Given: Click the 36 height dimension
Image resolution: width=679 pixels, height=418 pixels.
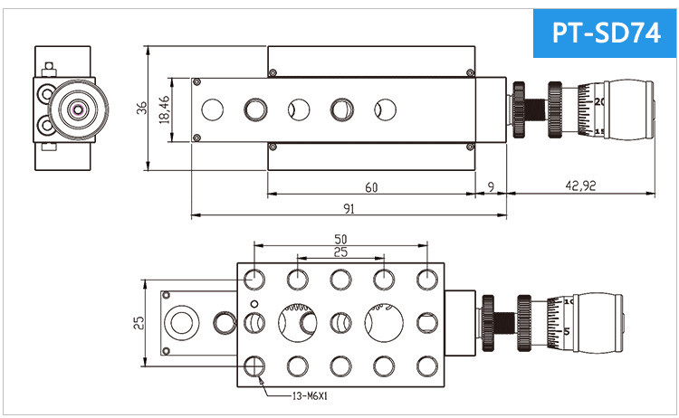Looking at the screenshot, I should pos(141,108).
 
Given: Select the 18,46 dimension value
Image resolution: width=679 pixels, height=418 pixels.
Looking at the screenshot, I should pos(165,110).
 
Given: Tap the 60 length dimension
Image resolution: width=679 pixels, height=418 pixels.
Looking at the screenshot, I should pos(371,187).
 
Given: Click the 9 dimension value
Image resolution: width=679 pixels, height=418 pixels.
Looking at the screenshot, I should pos(491,187).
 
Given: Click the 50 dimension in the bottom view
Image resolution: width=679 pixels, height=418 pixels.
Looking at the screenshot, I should pos(340,239).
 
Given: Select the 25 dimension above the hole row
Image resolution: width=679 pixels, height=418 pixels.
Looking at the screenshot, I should pos(340,252).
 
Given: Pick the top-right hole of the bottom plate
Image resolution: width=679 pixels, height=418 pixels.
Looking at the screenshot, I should pos(427,278).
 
